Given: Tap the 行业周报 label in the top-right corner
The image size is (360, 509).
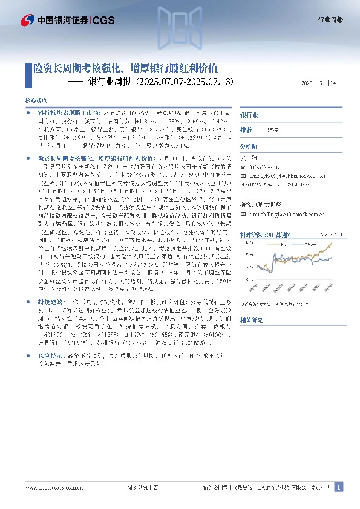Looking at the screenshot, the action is (330, 20).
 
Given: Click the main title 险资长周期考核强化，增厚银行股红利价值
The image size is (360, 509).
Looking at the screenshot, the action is (128, 68).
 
